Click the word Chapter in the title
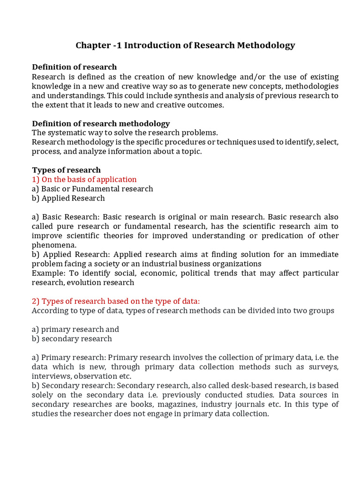point(92,45)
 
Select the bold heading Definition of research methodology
point(101,123)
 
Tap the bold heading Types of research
point(66,170)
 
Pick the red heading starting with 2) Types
point(116,301)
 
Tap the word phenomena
point(53,245)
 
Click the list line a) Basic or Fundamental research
point(92,188)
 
